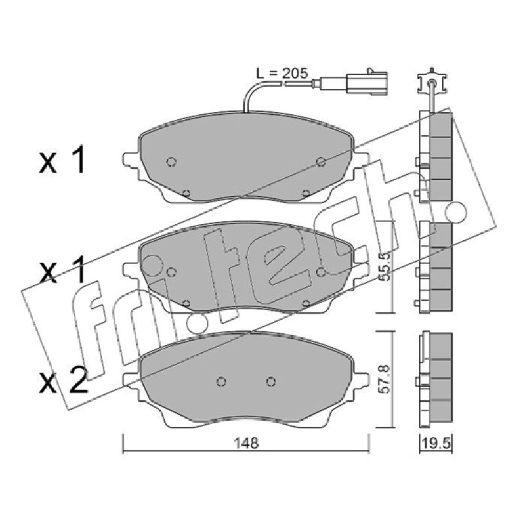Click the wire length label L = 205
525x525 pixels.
click(282, 73)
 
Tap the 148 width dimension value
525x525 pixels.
click(246, 443)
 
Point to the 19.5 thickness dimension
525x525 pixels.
click(436, 444)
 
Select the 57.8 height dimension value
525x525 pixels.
click(386, 380)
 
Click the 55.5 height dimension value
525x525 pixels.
click(386, 266)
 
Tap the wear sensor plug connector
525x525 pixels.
click(366, 81)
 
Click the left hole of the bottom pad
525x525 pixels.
click(220, 381)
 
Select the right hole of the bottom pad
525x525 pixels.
click(271, 381)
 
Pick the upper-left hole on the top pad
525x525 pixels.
click(171, 162)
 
